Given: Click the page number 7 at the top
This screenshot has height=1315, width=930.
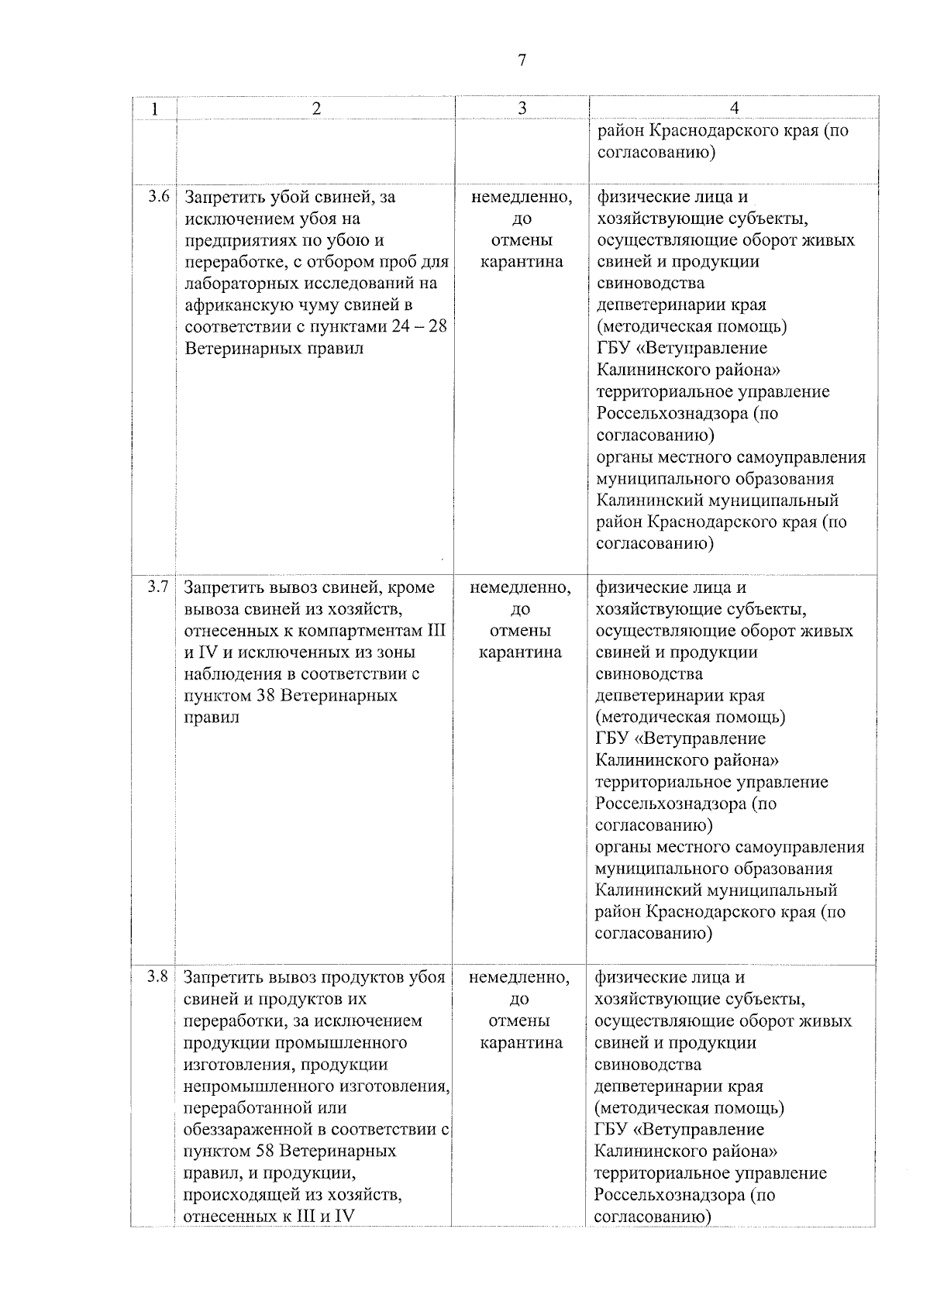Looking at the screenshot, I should (x=522, y=60).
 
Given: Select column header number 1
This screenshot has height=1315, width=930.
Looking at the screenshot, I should (x=154, y=109).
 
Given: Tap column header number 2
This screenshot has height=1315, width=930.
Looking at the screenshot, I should (x=315, y=109).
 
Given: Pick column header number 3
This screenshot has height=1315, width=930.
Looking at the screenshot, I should (x=522, y=109).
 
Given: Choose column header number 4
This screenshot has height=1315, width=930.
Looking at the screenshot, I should (x=734, y=109).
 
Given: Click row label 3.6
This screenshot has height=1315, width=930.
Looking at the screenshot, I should (x=159, y=196).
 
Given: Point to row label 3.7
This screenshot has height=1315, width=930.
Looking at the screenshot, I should (x=159, y=587).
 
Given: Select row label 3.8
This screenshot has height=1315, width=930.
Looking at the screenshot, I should (x=158, y=976).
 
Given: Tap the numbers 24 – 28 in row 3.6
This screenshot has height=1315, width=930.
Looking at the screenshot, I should (x=419, y=326).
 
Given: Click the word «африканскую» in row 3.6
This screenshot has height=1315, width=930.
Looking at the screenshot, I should (x=236, y=305).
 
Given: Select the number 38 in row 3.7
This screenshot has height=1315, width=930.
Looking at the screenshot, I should (x=264, y=695).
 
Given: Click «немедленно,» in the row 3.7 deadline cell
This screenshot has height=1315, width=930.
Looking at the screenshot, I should (x=521, y=587).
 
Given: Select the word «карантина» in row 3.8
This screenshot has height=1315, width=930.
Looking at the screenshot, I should (x=521, y=1042).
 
